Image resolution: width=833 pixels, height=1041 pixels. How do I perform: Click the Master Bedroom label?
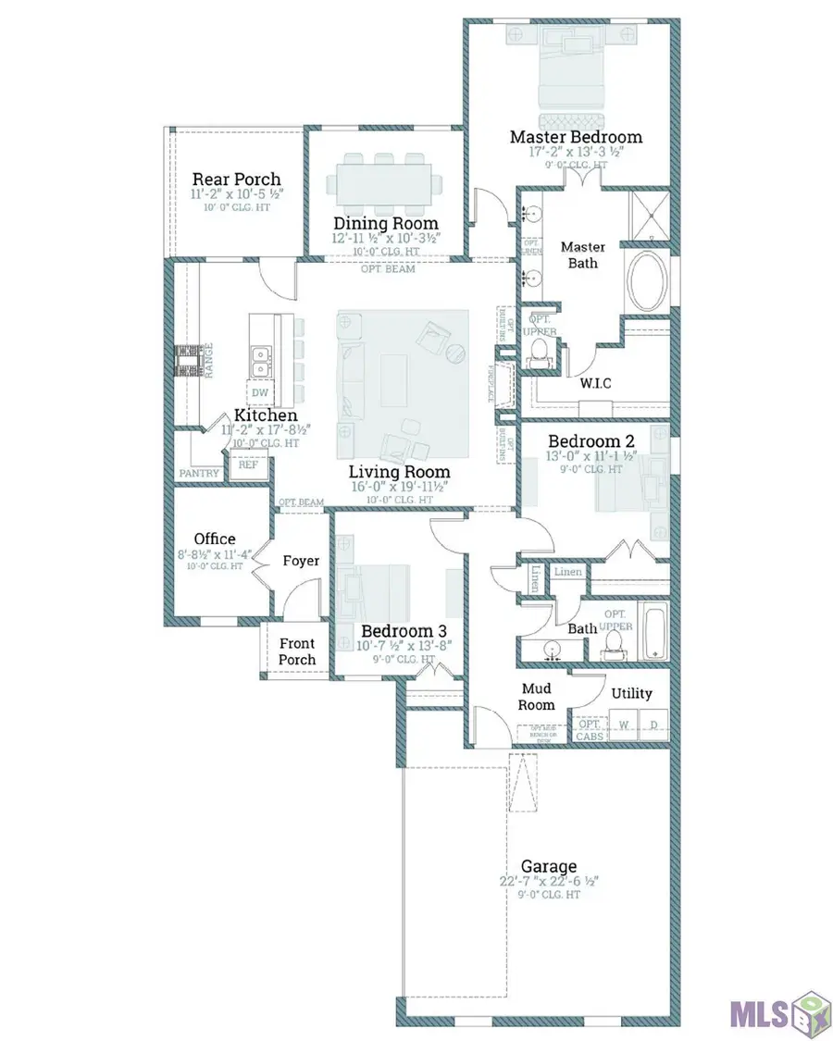pyautogui.click(x=576, y=137)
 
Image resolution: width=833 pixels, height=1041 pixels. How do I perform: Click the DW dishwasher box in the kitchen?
pyautogui.click(x=260, y=392)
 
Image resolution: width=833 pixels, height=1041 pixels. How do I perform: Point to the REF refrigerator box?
pyautogui.click(x=249, y=465)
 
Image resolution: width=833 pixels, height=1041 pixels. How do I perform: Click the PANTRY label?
pyautogui.click(x=199, y=474)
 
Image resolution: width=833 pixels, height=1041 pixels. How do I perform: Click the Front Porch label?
pyautogui.click(x=297, y=651)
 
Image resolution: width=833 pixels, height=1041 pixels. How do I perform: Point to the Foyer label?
pyautogui.click(x=301, y=562)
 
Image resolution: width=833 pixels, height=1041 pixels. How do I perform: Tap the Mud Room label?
pyautogui.click(x=536, y=696)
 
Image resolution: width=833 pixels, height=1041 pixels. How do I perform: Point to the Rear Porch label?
pyautogui.click(x=236, y=180)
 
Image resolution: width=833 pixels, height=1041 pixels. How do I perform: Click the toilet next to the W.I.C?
pyautogui.click(x=540, y=350)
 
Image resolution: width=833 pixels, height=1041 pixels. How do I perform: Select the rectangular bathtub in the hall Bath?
pyautogui.click(x=654, y=632)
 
